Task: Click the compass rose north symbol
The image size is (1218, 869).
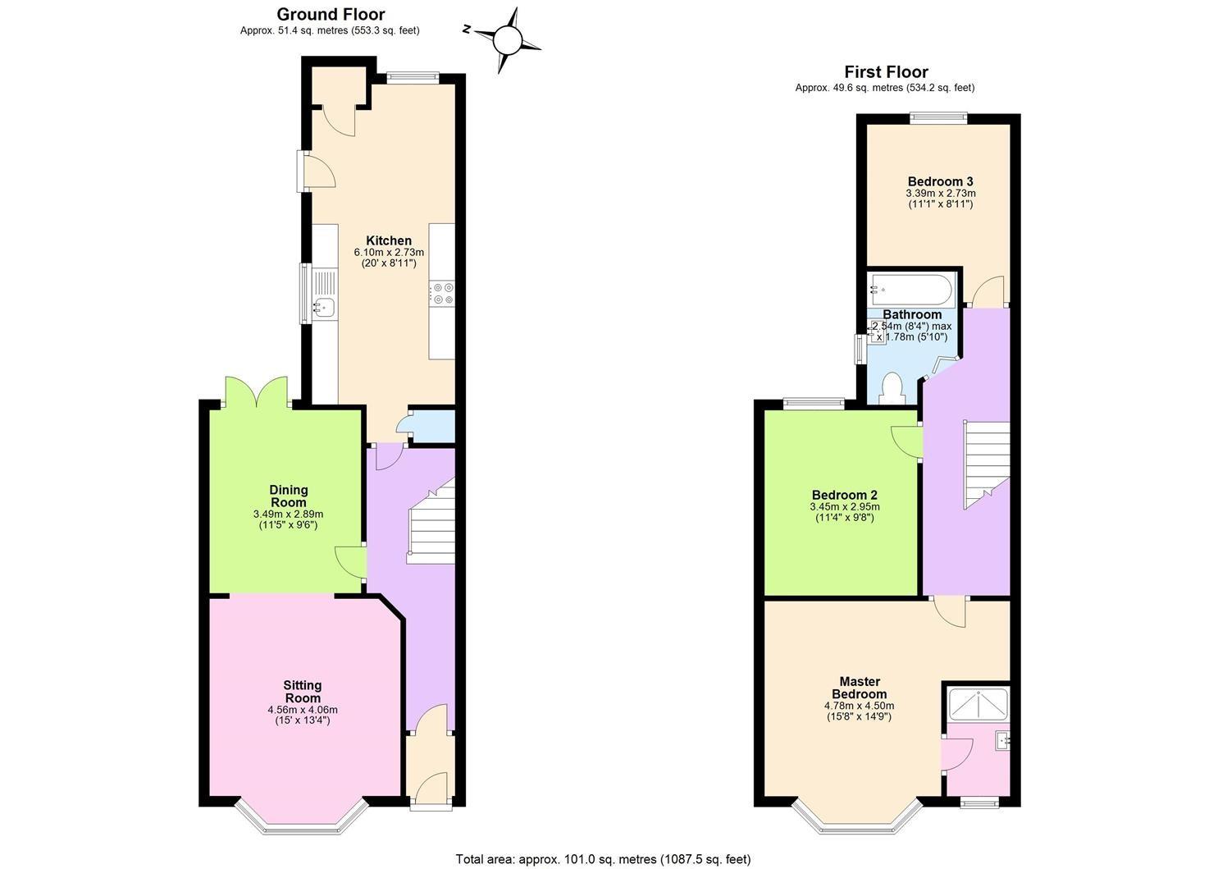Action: (466, 30)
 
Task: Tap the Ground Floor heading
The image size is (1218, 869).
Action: (331, 14)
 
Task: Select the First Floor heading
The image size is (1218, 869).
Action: (886, 72)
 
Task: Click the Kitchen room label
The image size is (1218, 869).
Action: (388, 240)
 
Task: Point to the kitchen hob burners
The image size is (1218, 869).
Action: (442, 293)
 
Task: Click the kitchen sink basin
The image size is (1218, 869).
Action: (323, 308)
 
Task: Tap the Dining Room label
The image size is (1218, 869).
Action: (289, 496)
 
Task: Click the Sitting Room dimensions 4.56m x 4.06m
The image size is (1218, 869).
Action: (303, 710)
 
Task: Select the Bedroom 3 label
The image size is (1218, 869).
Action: (940, 181)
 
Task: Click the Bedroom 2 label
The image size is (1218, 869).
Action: (845, 495)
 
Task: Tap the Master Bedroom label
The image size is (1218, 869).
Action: (859, 688)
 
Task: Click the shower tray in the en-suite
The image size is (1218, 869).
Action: (978, 703)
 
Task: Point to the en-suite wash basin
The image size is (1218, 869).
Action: (1002, 741)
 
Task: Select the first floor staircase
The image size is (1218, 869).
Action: (987, 464)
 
